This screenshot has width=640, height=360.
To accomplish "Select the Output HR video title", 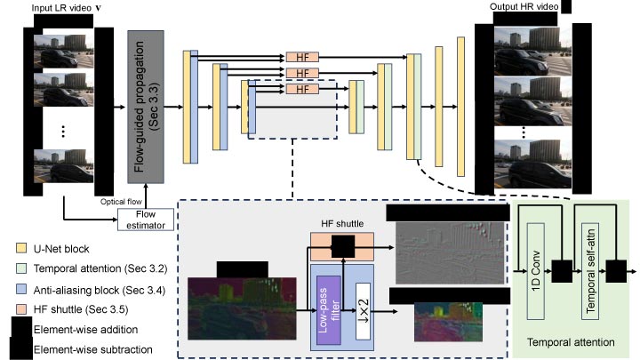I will point(524,8).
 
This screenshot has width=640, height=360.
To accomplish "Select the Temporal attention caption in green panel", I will point(572,340).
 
